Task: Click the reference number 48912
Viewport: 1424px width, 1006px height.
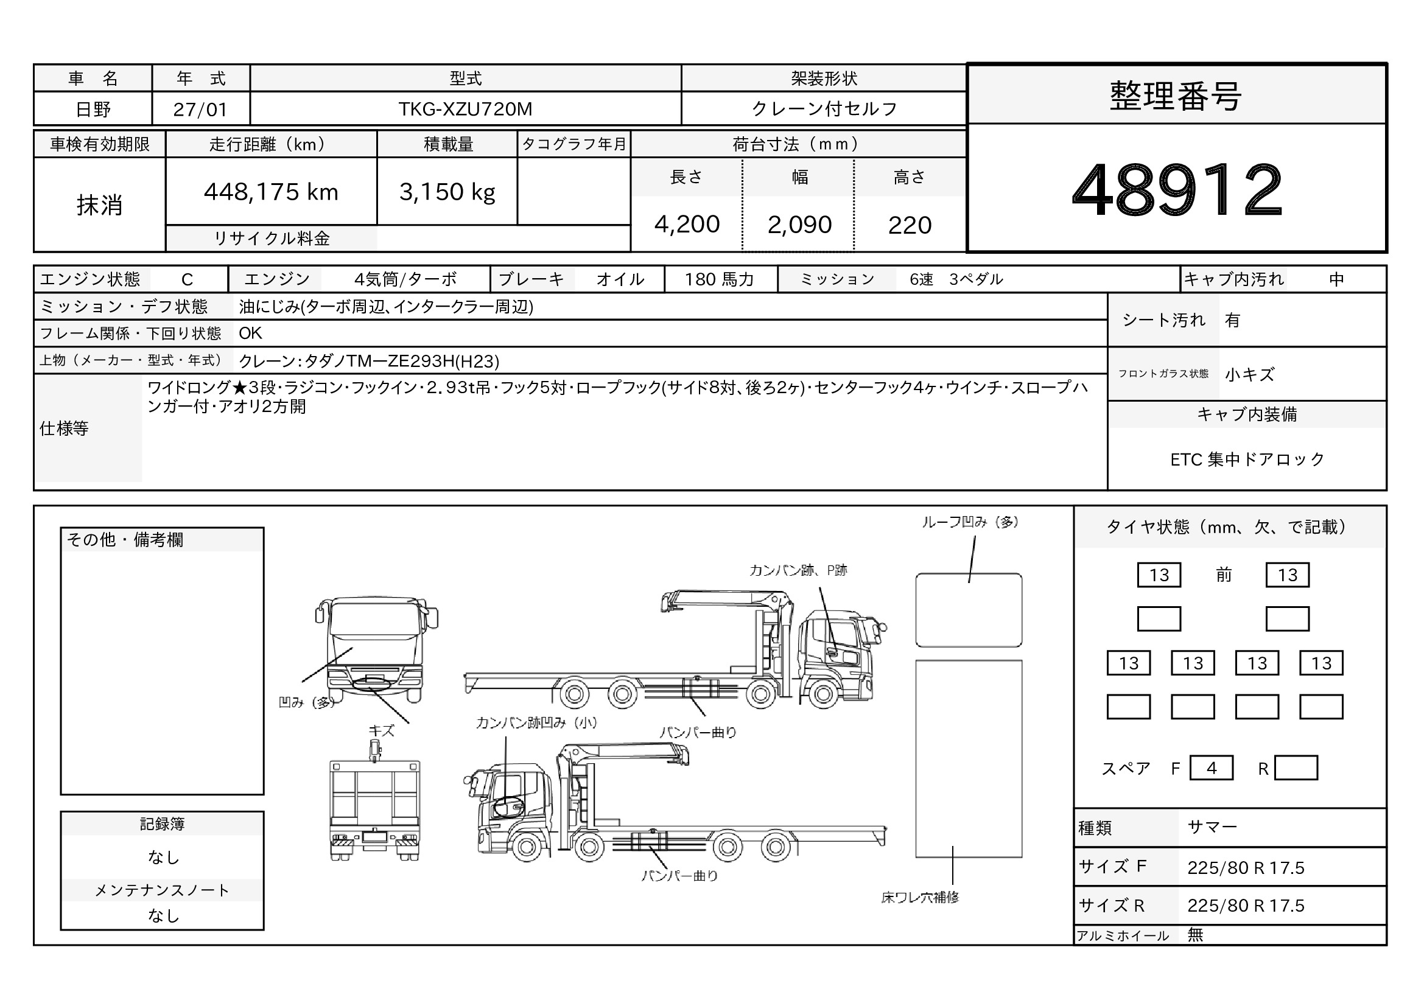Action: (1177, 189)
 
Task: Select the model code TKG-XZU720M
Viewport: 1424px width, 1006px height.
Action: (465, 109)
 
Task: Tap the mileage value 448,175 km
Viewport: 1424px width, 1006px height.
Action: (271, 192)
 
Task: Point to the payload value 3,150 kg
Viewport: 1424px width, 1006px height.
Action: (447, 192)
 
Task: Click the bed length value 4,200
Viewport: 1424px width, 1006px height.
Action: (687, 225)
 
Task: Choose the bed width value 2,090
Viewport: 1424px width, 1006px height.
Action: (799, 225)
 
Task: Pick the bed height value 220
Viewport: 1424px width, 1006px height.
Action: (910, 225)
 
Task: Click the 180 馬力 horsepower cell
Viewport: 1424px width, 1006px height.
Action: (719, 279)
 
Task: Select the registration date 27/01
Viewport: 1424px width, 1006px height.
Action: (200, 110)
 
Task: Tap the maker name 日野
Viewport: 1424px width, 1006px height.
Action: (93, 110)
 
